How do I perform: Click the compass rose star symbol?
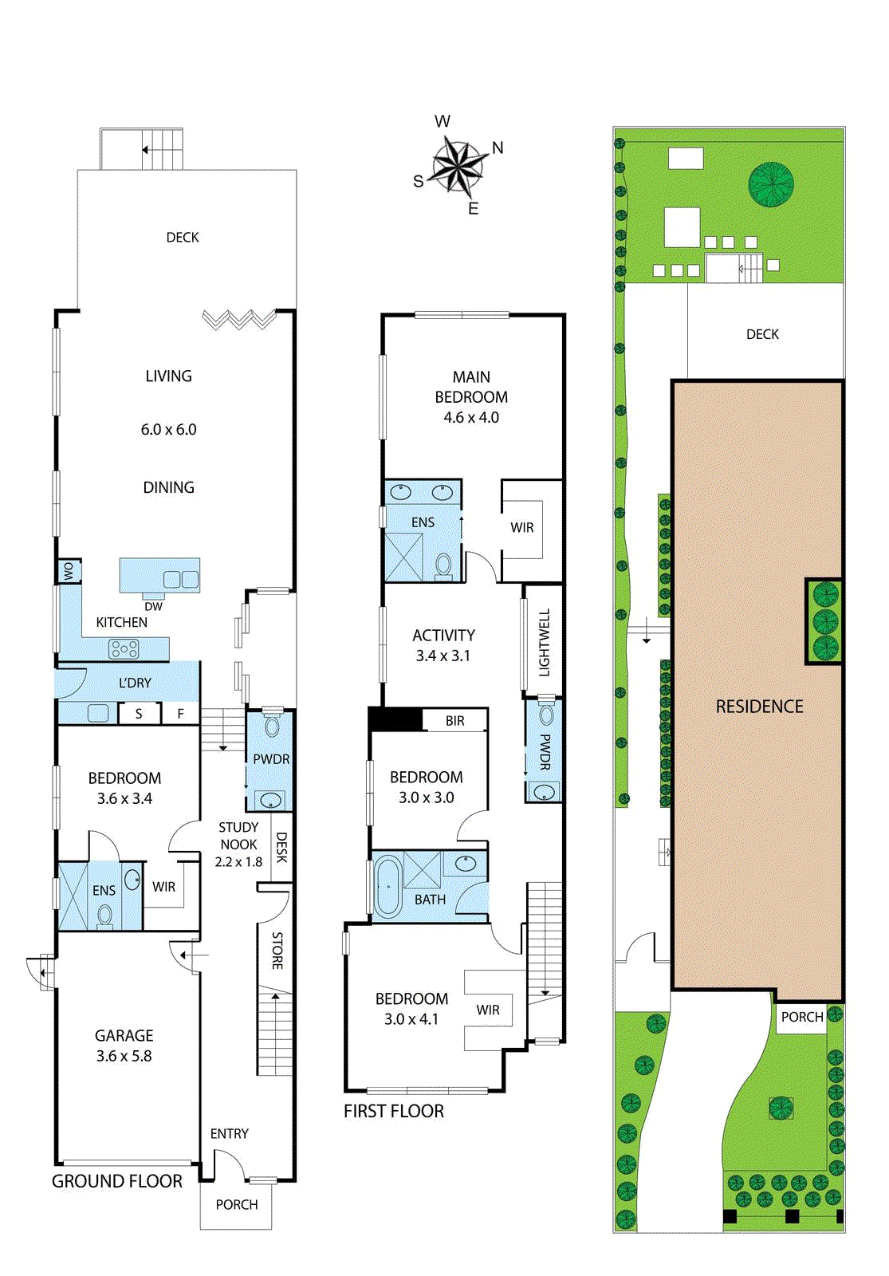click(x=458, y=167)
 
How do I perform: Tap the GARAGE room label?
click(x=124, y=1035)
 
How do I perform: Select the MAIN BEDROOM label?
click(x=471, y=387)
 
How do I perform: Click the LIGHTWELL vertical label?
click(x=545, y=642)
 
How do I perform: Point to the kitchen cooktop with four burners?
click(x=124, y=649)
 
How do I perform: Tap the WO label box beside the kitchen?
click(x=69, y=571)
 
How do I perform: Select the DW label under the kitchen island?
click(x=154, y=607)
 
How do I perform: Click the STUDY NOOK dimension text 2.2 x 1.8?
click(x=238, y=862)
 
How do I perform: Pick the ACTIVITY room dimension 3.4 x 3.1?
click(x=443, y=656)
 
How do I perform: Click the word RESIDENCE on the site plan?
click(x=759, y=707)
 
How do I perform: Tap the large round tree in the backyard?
click(x=770, y=184)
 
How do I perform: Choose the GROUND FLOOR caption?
click(x=116, y=1181)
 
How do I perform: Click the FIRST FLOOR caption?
click(x=394, y=1111)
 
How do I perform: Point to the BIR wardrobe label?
click(x=455, y=721)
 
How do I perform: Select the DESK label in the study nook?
click(x=281, y=847)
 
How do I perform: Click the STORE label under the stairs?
click(x=277, y=950)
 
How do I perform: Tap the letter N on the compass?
click(x=498, y=148)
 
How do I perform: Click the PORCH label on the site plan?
click(x=802, y=1017)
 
